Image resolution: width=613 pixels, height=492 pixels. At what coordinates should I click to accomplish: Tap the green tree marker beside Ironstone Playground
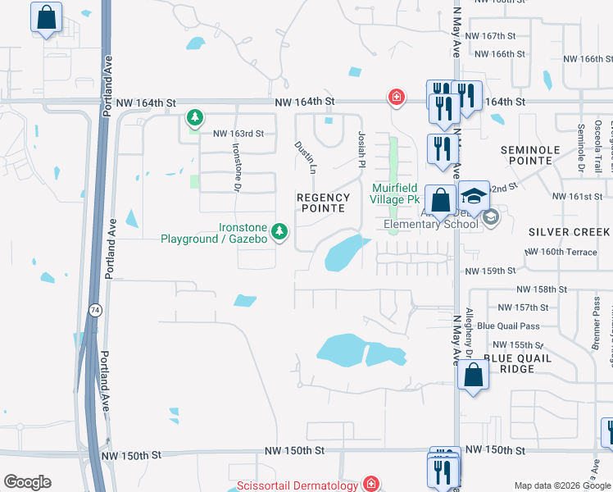[x=279, y=233]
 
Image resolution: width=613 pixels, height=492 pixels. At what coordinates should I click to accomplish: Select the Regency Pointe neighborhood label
[x=323, y=203]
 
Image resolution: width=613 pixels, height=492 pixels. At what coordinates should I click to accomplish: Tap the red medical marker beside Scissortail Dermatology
[x=371, y=484]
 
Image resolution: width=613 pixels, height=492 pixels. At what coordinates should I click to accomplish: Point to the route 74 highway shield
[x=95, y=310]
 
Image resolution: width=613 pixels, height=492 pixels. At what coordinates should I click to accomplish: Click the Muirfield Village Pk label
[x=396, y=194]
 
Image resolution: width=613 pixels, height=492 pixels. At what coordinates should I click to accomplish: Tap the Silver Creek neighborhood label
[x=569, y=232]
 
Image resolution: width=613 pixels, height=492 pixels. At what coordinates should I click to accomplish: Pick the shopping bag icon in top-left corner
[x=47, y=17]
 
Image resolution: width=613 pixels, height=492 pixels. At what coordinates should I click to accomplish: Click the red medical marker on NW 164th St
[x=396, y=98]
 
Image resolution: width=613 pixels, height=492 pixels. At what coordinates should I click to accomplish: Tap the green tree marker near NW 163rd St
[x=194, y=119]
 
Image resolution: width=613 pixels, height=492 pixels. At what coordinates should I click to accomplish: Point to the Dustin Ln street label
[x=306, y=156]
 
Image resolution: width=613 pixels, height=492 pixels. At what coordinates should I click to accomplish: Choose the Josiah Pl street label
[x=360, y=149]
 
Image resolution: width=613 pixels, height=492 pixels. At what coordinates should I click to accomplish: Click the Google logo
[x=27, y=482]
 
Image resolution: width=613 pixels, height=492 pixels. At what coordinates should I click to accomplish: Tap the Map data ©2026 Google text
[x=561, y=485]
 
